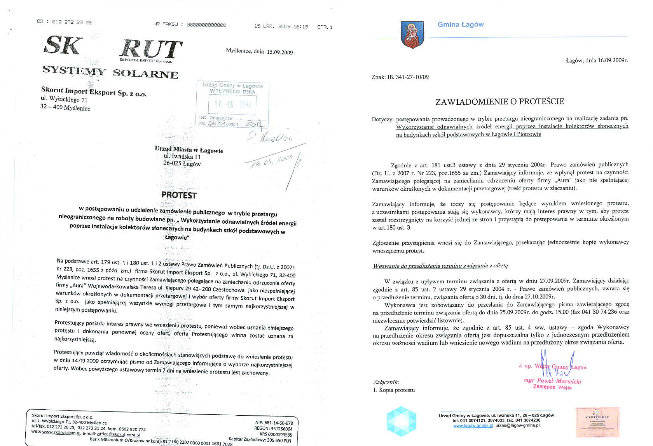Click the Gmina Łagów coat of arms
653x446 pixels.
click(412, 35)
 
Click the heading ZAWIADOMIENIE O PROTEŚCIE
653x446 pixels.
click(499, 102)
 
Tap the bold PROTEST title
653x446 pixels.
click(179, 195)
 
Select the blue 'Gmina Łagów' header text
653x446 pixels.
click(461, 25)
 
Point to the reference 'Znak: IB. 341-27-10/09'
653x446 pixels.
click(400, 77)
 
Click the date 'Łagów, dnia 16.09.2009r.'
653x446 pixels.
click(597, 60)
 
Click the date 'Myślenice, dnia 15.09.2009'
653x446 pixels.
click(259, 51)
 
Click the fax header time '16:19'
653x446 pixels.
click(301, 27)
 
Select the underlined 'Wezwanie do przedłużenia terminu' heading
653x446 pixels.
click(440, 266)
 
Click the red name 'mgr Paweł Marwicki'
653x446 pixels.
click(552, 381)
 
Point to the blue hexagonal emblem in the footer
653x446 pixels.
click(401, 421)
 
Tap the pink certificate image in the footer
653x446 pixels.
click(597, 422)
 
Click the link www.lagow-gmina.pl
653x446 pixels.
click(473, 426)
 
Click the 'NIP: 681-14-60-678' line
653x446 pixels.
click(274, 423)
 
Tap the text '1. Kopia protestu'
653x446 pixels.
click(394, 390)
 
